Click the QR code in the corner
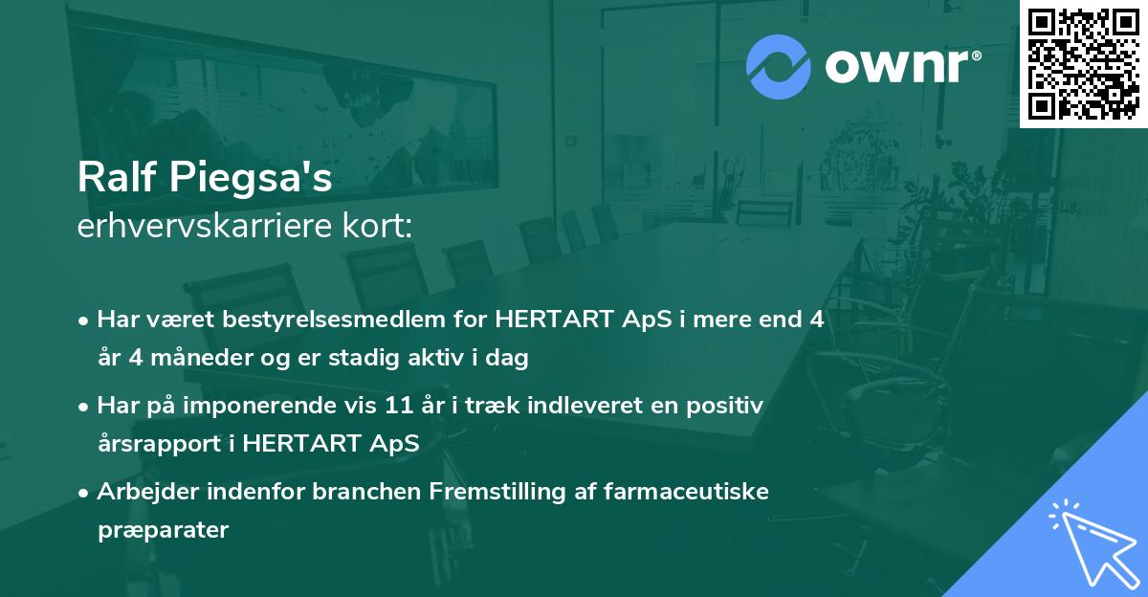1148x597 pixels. (x=1083, y=64)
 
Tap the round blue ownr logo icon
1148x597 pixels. (x=779, y=65)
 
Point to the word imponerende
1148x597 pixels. (x=263, y=406)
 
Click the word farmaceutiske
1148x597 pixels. (x=683, y=492)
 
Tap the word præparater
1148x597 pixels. (x=163, y=531)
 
